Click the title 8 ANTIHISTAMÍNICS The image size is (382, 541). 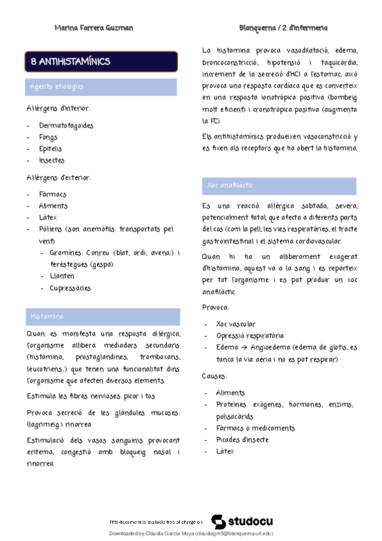[71, 62]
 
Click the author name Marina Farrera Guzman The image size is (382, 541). [94, 28]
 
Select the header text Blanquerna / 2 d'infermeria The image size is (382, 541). [283, 28]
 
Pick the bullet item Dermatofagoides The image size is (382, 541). [66, 125]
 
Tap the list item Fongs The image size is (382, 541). [48, 137]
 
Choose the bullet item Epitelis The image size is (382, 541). [50, 149]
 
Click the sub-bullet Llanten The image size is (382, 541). [62, 276]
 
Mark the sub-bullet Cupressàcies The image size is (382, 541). [70, 288]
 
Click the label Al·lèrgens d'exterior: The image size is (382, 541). [59, 177]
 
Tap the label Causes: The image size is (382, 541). [214, 376]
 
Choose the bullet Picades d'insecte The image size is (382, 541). [242, 440]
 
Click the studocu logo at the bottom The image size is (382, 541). [237, 521]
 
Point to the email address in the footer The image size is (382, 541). [235, 533]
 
